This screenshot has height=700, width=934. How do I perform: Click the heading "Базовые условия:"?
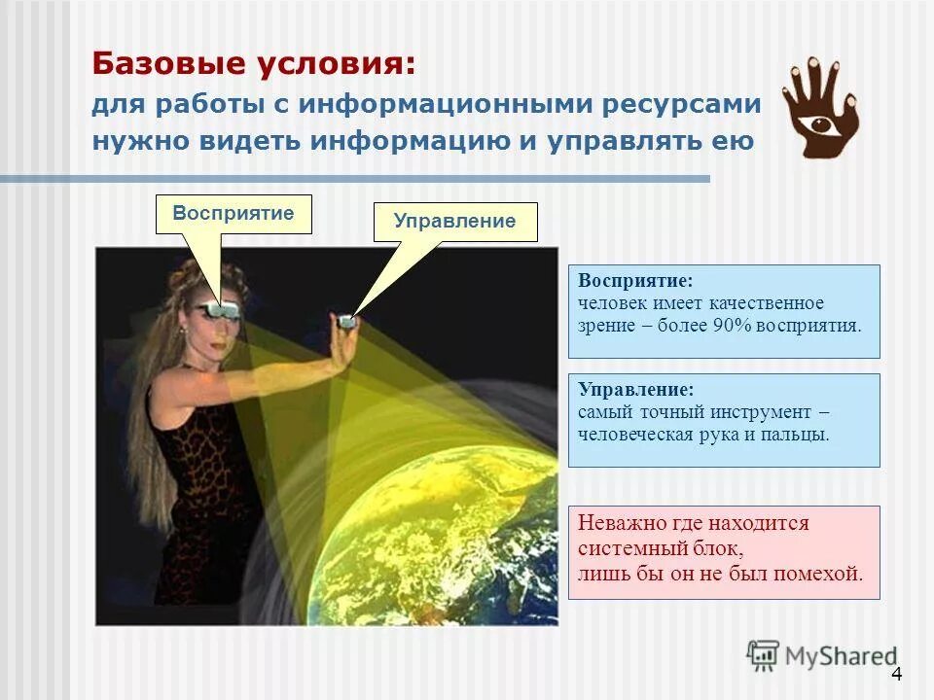point(254,65)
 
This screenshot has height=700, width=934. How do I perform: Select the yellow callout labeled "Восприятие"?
point(233,213)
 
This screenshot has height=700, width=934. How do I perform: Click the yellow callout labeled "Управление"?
point(454,222)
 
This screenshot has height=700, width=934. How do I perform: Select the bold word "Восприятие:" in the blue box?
point(635,281)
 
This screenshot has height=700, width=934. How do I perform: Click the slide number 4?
point(896,675)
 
